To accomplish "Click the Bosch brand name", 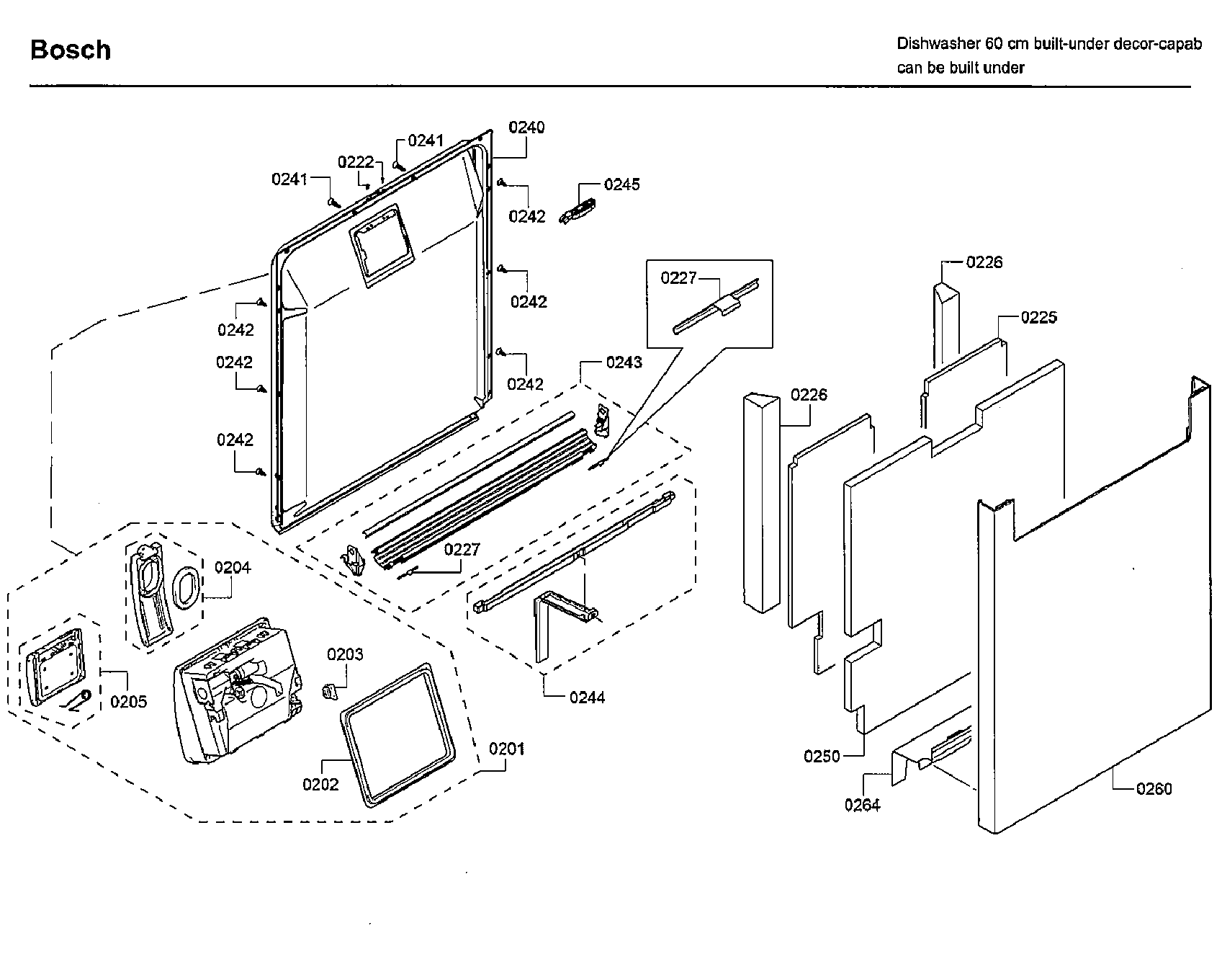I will click(x=71, y=50).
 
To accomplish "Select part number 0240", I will click(x=526, y=128).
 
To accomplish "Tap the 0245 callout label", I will click(x=621, y=184).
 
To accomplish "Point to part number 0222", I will click(x=356, y=162).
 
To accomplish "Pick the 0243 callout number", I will click(x=624, y=362).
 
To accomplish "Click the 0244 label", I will click(x=587, y=697).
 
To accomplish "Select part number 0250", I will click(x=822, y=756).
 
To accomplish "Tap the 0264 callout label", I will click(x=862, y=805).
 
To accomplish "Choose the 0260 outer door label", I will click(x=1154, y=789).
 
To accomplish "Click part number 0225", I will click(x=1038, y=317).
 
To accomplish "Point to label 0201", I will click(x=507, y=749).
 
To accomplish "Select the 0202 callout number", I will click(x=320, y=785).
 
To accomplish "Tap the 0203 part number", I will click(x=345, y=654).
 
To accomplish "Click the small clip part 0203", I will click(x=329, y=690).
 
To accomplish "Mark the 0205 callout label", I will click(x=128, y=701).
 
